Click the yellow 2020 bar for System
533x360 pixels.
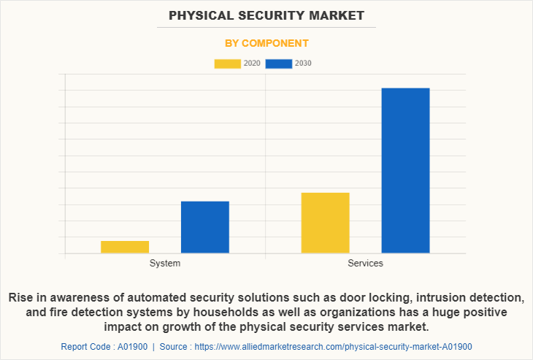pyautogui.click(x=125, y=247)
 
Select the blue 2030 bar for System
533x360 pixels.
pyautogui.click(x=205, y=227)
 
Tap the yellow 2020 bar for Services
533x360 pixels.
pyautogui.click(x=325, y=223)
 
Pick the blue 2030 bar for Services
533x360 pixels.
pyautogui.click(x=405, y=171)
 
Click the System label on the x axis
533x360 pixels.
pyautogui.click(x=165, y=263)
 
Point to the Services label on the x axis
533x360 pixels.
pyautogui.click(x=365, y=263)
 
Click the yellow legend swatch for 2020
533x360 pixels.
pyautogui.click(x=227, y=64)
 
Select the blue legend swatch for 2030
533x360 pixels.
pyautogui.click(x=279, y=64)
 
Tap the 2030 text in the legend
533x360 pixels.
pyautogui.click(x=304, y=64)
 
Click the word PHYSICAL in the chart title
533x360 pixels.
pyautogui.click(x=200, y=15)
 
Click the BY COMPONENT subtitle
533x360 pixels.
pyautogui.click(x=266, y=43)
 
